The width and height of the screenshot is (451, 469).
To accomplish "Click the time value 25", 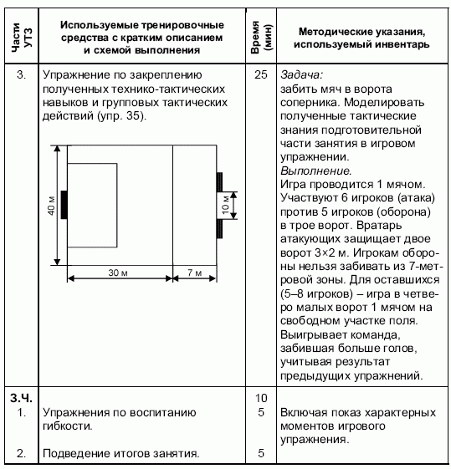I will (259, 74).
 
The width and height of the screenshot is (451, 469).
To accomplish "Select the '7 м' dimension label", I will (194, 273).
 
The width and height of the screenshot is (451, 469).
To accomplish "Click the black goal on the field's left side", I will (64, 202).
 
